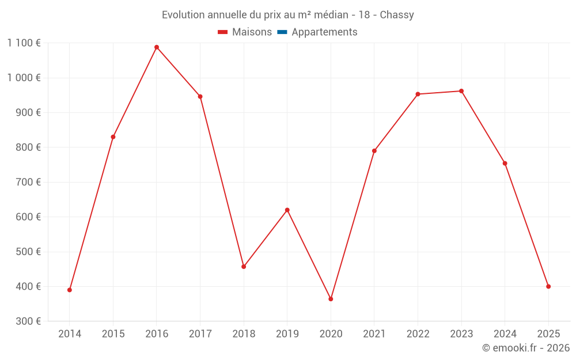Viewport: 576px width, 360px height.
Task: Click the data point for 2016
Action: click(157, 47)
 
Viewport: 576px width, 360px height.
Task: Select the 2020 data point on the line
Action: click(331, 299)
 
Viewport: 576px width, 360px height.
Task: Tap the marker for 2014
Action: click(70, 290)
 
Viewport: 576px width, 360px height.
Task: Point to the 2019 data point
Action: click(287, 210)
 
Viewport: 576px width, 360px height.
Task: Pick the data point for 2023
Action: click(461, 91)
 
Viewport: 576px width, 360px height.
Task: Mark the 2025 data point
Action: click(548, 286)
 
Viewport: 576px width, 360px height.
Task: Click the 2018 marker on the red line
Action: click(244, 267)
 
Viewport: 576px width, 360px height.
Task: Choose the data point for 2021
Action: click(374, 151)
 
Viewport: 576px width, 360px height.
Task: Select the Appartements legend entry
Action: click(324, 32)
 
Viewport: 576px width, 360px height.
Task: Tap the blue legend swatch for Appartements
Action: click(282, 32)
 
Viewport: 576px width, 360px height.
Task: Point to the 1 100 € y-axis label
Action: click(24, 43)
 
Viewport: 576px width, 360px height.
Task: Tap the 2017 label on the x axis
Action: click(200, 334)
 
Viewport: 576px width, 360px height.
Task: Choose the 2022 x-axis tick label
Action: click(418, 334)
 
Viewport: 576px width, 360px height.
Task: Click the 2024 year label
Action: click(505, 334)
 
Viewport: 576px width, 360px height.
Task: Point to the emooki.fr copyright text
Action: click(526, 348)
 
